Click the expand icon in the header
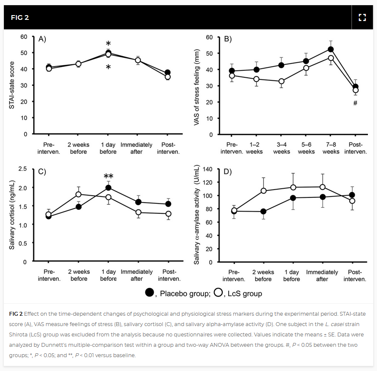[x=362, y=17]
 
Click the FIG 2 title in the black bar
[x=20, y=18]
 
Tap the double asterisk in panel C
[x=108, y=176]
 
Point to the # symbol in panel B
[x=355, y=103]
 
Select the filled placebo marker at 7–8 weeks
[x=331, y=49]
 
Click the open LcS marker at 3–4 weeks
[x=281, y=81]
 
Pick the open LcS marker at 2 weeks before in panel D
[x=263, y=191]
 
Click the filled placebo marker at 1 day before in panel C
[x=108, y=187]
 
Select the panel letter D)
[x=227, y=171]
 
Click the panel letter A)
[x=42, y=39]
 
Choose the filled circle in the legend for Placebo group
[x=150, y=292]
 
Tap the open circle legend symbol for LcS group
[x=218, y=292]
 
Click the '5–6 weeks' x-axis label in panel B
[x=306, y=148]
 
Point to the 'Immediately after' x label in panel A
[x=137, y=148]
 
